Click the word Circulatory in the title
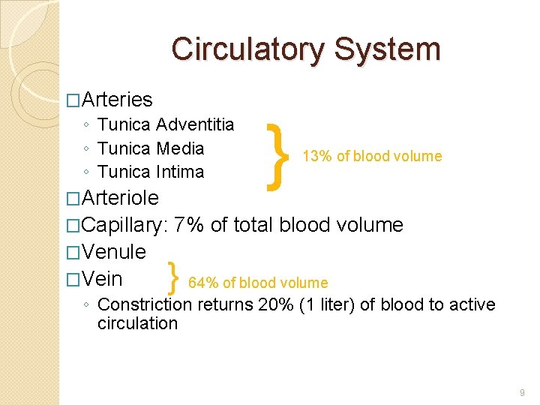click(247, 49)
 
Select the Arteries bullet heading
click(117, 99)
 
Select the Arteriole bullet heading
click(120, 198)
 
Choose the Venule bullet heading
click(114, 251)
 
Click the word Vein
click(103, 279)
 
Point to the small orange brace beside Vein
click(174, 279)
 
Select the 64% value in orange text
click(203, 283)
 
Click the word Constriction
click(145, 304)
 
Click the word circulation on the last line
click(137, 323)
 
